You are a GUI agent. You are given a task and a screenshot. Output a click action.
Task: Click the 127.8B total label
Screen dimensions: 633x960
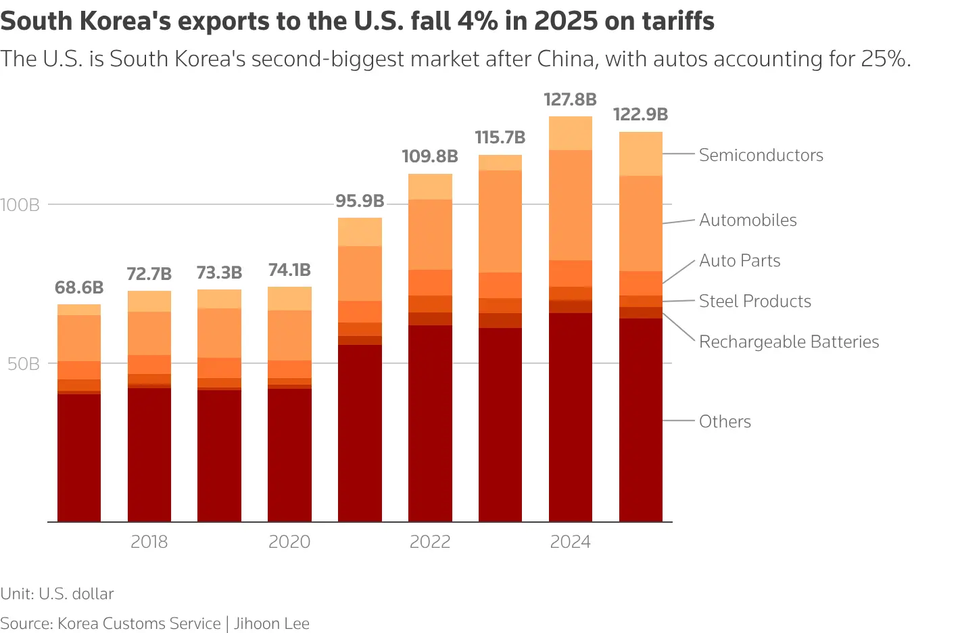click(x=570, y=100)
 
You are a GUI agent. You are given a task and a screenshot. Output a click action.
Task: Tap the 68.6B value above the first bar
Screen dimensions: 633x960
click(x=79, y=287)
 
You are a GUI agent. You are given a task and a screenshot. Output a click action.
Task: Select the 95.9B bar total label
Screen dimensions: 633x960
click(x=360, y=201)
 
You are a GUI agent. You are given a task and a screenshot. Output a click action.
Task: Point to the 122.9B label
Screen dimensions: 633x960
click(x=640, y=115)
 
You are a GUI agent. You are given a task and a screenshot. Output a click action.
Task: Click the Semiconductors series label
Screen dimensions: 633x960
click(x=761, y=155)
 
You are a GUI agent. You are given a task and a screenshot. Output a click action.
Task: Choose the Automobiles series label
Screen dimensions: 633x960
click(x=748, y=220)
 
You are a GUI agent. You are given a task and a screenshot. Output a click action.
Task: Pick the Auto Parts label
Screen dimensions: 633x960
click(x=740, y=260)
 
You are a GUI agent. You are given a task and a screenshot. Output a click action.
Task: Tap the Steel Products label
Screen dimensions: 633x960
click(x=754, y=301)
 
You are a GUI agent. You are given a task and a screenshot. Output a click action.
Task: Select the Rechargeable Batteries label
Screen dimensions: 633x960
click(x=788, y=342)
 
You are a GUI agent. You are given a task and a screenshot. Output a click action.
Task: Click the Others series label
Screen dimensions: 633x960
click(x=725, y=421)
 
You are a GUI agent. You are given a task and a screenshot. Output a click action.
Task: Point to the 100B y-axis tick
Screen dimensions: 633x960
click(x=20, y=205)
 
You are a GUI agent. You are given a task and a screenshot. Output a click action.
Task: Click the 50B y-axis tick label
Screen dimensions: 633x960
click(x=24, y=364)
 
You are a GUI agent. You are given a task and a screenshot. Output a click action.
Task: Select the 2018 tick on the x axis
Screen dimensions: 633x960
click(x=149, y=542)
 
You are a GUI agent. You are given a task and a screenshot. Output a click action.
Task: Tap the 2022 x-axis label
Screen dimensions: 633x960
click(x=430, y=542)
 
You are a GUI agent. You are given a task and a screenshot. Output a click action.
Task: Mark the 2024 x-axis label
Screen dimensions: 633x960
click(x=570, y=542)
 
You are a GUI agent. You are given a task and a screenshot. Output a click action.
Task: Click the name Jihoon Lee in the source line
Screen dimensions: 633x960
click(x=272, y=623)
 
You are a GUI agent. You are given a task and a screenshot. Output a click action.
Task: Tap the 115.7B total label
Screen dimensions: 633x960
click(x=500, y=138)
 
